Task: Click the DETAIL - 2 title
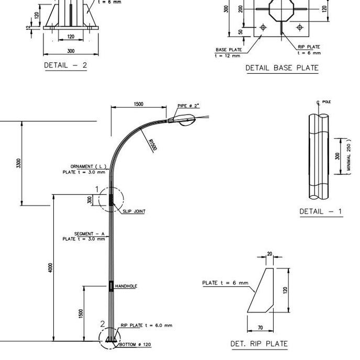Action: [66, 65]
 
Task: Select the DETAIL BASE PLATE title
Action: [282, 68]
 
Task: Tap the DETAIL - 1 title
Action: [321, 211]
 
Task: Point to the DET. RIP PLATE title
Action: [259, 344]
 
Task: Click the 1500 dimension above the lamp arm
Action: [138, 104]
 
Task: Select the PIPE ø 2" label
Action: [188, 106]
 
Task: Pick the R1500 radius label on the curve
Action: [152, 145]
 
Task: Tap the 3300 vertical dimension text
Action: [19, 163]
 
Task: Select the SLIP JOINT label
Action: [134, 211]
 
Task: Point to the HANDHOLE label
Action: [126, 286]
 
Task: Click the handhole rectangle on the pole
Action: [111, 286]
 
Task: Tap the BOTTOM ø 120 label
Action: [136, 345]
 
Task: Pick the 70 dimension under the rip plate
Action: [260, 328]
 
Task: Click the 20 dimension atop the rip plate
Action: [270, 254]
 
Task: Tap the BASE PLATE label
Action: [229, 50]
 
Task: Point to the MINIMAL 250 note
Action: [348, 156]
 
